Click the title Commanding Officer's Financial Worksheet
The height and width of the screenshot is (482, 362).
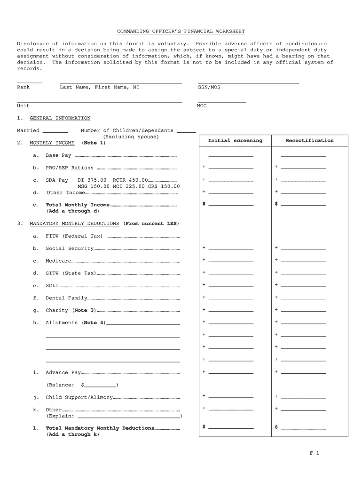181,32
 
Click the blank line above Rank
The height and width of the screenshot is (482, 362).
30,83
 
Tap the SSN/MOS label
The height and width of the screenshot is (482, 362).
209,87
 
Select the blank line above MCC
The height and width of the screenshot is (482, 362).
221,102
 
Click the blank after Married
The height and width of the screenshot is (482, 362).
55,133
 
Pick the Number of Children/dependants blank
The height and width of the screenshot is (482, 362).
186,133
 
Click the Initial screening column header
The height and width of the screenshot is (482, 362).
235,141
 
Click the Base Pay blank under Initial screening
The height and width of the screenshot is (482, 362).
231,155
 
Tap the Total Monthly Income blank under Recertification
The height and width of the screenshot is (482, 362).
303,205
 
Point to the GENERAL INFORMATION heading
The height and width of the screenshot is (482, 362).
60,118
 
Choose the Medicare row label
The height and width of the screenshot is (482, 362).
58,261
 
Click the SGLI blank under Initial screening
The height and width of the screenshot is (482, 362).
231,286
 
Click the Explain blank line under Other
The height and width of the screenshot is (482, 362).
129,417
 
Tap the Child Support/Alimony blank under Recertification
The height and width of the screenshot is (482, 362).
303,397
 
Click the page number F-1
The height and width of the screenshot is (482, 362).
314,453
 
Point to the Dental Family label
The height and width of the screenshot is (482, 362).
66,298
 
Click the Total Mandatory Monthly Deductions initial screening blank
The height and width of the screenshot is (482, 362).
231,428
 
